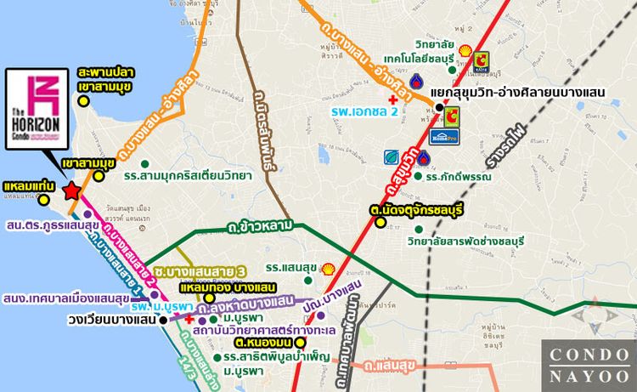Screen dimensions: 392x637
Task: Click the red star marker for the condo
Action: tap(73, 190)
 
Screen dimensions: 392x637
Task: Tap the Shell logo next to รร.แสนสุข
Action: tap(328, 267)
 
